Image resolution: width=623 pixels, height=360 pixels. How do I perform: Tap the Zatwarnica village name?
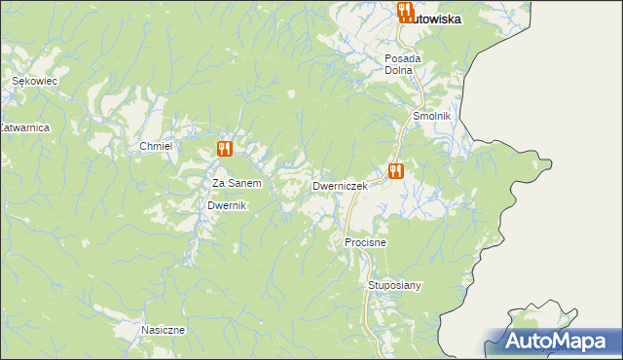[24, 127]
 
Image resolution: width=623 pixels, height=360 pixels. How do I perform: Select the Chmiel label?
[156, 146]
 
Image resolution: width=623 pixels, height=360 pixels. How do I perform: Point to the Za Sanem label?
[238, 183]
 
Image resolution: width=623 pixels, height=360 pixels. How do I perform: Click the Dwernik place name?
[229, 206]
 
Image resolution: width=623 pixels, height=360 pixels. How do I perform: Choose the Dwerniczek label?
[340, 185]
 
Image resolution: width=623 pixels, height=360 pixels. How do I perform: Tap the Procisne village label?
[366, 240]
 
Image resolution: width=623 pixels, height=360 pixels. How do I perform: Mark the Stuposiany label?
[394, 285]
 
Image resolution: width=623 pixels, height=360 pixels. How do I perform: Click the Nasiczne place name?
[163, 330]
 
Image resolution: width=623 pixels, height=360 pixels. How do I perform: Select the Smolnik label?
[432, 116]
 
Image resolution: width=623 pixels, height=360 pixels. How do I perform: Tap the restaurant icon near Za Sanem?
[225, 149]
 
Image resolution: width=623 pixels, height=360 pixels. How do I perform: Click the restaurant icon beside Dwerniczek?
[395, 171]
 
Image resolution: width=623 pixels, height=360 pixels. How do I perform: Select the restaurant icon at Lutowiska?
[406, 13]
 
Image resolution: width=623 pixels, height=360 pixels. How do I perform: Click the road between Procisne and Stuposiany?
[368, 264]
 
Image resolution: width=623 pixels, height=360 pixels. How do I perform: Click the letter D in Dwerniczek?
[316, 185]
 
